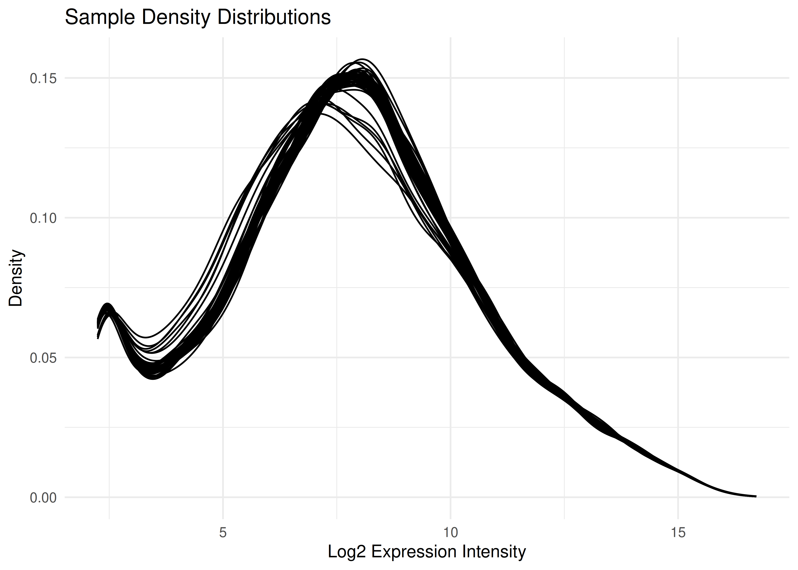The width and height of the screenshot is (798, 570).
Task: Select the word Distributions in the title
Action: click(274, 17)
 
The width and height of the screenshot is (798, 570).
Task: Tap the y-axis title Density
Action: click(16, 278)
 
